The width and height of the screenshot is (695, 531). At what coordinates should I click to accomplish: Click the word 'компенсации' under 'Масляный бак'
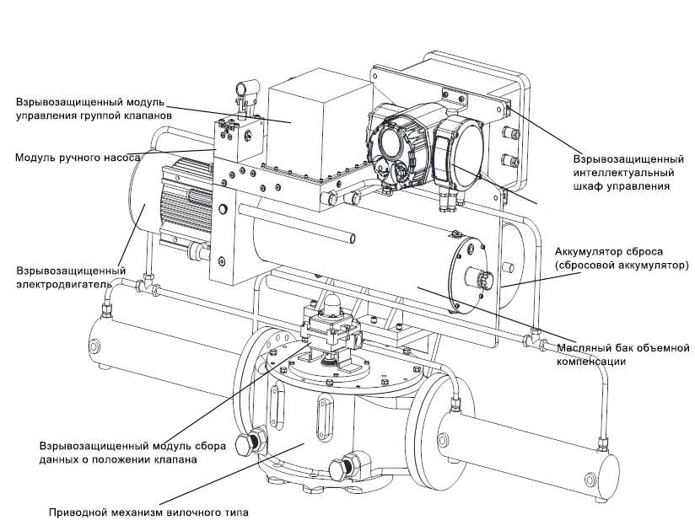[x=591, y=361]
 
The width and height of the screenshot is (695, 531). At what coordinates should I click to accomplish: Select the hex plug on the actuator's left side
[x=250, y=443]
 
